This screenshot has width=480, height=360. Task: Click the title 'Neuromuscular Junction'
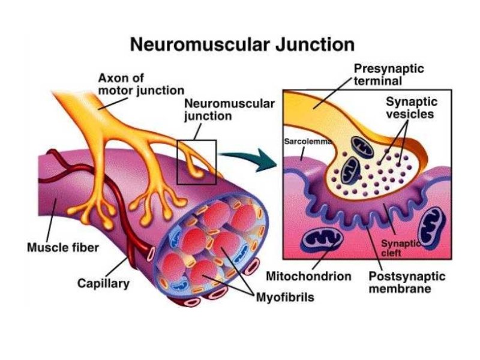coord(242,44)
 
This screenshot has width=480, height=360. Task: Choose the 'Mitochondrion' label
coord(308,277)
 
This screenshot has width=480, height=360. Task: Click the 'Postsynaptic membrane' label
coord(406,283)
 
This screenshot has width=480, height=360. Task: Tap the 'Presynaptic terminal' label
coord(389,74)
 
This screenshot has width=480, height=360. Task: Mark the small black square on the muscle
coord(197,162)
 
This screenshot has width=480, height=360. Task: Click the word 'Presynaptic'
coord(389,69)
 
